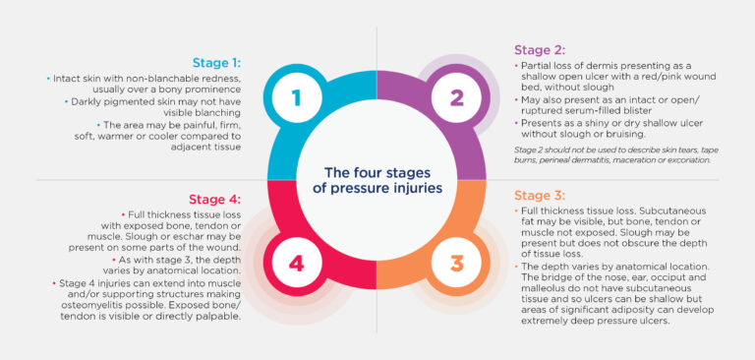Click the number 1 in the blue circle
coord(296,97)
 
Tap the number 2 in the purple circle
coord(456,97)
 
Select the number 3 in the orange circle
coord(456,263)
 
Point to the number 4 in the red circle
coord(297,263)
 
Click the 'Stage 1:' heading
coord(211,61)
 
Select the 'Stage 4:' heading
coord(211,198)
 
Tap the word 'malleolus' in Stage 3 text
coord(541,293)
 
